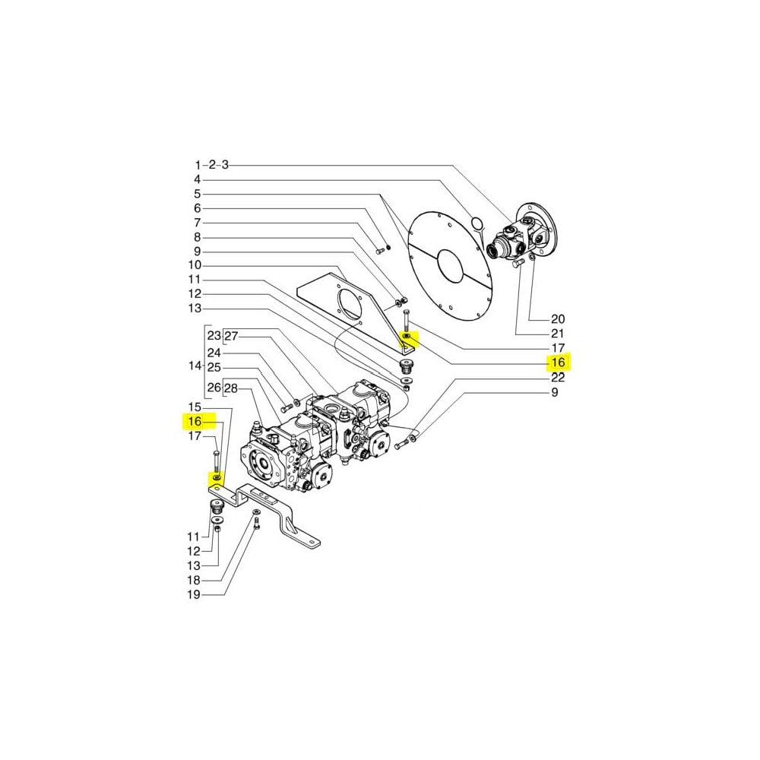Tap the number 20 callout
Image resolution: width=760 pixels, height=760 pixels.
click(x=559, y=318)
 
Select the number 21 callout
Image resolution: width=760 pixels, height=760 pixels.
click(x=559, y=334)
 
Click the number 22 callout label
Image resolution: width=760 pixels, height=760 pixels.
click(x=559, y=378)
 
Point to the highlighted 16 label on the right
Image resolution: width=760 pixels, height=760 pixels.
click(x=559, y=363)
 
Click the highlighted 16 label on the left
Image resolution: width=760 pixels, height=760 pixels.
click(x=195, y=421)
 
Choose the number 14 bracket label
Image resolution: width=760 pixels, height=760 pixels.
click(x=195, y=365)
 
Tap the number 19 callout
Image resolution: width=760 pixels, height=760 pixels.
click(x=195, y=594)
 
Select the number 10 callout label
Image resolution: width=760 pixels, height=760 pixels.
click(x=195, y=265)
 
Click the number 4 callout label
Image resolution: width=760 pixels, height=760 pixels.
click(x=198, y=179)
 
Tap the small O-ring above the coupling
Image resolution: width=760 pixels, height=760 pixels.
click(x=477, y=223)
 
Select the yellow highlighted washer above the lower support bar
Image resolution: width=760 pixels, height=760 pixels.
click(x=216, y=477)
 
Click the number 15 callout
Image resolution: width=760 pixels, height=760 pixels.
click(x=195, y=407)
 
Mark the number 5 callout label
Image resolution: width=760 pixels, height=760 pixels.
click(x=198, y=194)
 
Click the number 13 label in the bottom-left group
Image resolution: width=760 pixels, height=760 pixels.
click(x=195, y=565)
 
